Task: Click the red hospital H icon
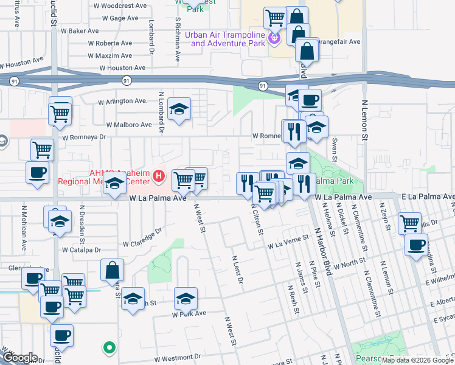[159, 176]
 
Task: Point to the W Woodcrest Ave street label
[119, 5]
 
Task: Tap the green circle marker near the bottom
[109, 348]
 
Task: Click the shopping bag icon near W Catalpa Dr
[113, 270]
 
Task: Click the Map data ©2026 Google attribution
[417, 360]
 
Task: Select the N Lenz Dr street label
[237, 270]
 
